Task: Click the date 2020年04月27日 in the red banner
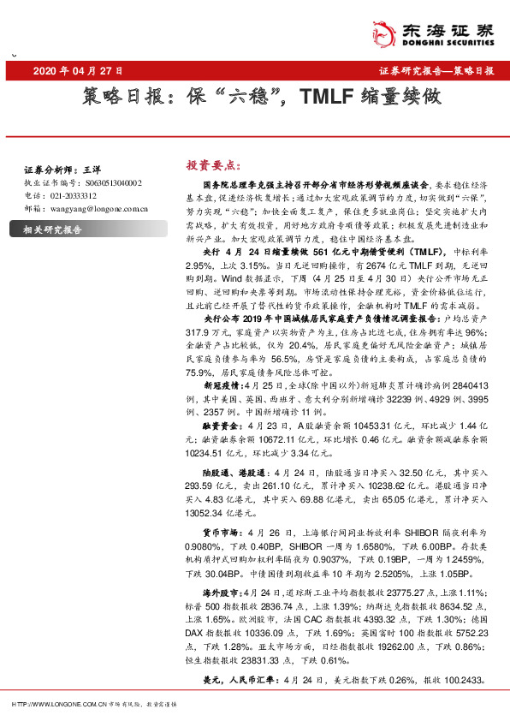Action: [79, 71]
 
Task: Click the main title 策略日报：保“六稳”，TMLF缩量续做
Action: [264, 97]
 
